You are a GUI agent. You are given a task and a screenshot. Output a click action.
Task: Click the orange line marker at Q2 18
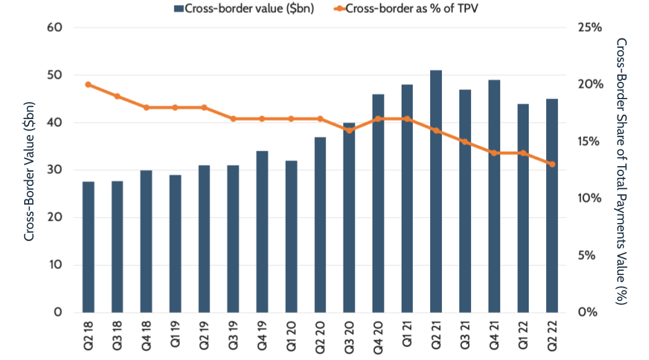click(x=88, y=84)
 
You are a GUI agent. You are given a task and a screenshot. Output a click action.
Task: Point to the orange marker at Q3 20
click(x=349, y=130)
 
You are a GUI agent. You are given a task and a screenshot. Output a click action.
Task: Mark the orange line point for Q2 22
click(x=552, y=164)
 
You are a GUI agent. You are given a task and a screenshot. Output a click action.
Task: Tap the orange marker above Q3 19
click(x=233, y=118)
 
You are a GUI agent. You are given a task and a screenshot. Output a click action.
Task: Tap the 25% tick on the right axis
click(x=589, y=28)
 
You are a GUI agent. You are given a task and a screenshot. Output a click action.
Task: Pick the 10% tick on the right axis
click(x=589, y=198)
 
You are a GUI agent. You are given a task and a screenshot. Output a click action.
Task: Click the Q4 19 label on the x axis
click(x=262, y=335)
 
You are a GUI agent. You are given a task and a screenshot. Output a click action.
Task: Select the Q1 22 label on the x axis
click(x=523, y=335)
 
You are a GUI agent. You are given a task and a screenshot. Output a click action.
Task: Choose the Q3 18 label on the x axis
click(x=117, y=335)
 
